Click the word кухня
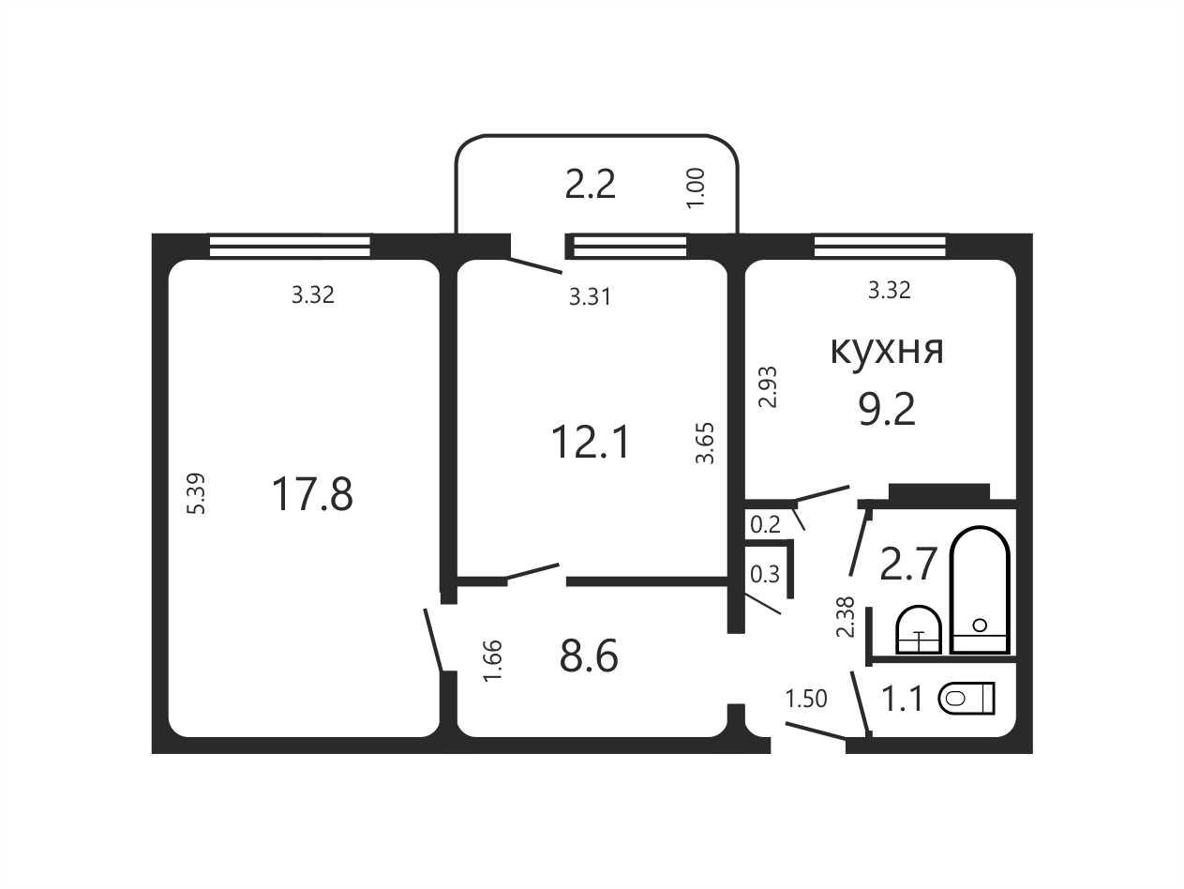click(x=887, y=351)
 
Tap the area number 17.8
click(x=312, y=494)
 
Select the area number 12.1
click(x=591, y=442)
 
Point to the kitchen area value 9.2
click(x=888, y=410)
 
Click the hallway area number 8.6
click(x=589, y=655)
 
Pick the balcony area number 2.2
click(x=590, y=184)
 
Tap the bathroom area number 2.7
click(x=907, y=565)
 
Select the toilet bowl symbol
click(x=967, y=699)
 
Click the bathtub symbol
click(x=980, y=590)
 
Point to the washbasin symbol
click(x=918, y=629)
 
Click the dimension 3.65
click(x=705, y=443)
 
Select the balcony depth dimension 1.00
click(x=696, y=188)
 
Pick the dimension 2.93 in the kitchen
click(x=768, y=386)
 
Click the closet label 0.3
click(x=765, y=575)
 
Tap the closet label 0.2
click(x=765, y=525)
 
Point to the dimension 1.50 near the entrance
click(x=806, y=699)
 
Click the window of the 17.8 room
click(x=290, y=246)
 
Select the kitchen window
click(x=879, y=246)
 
